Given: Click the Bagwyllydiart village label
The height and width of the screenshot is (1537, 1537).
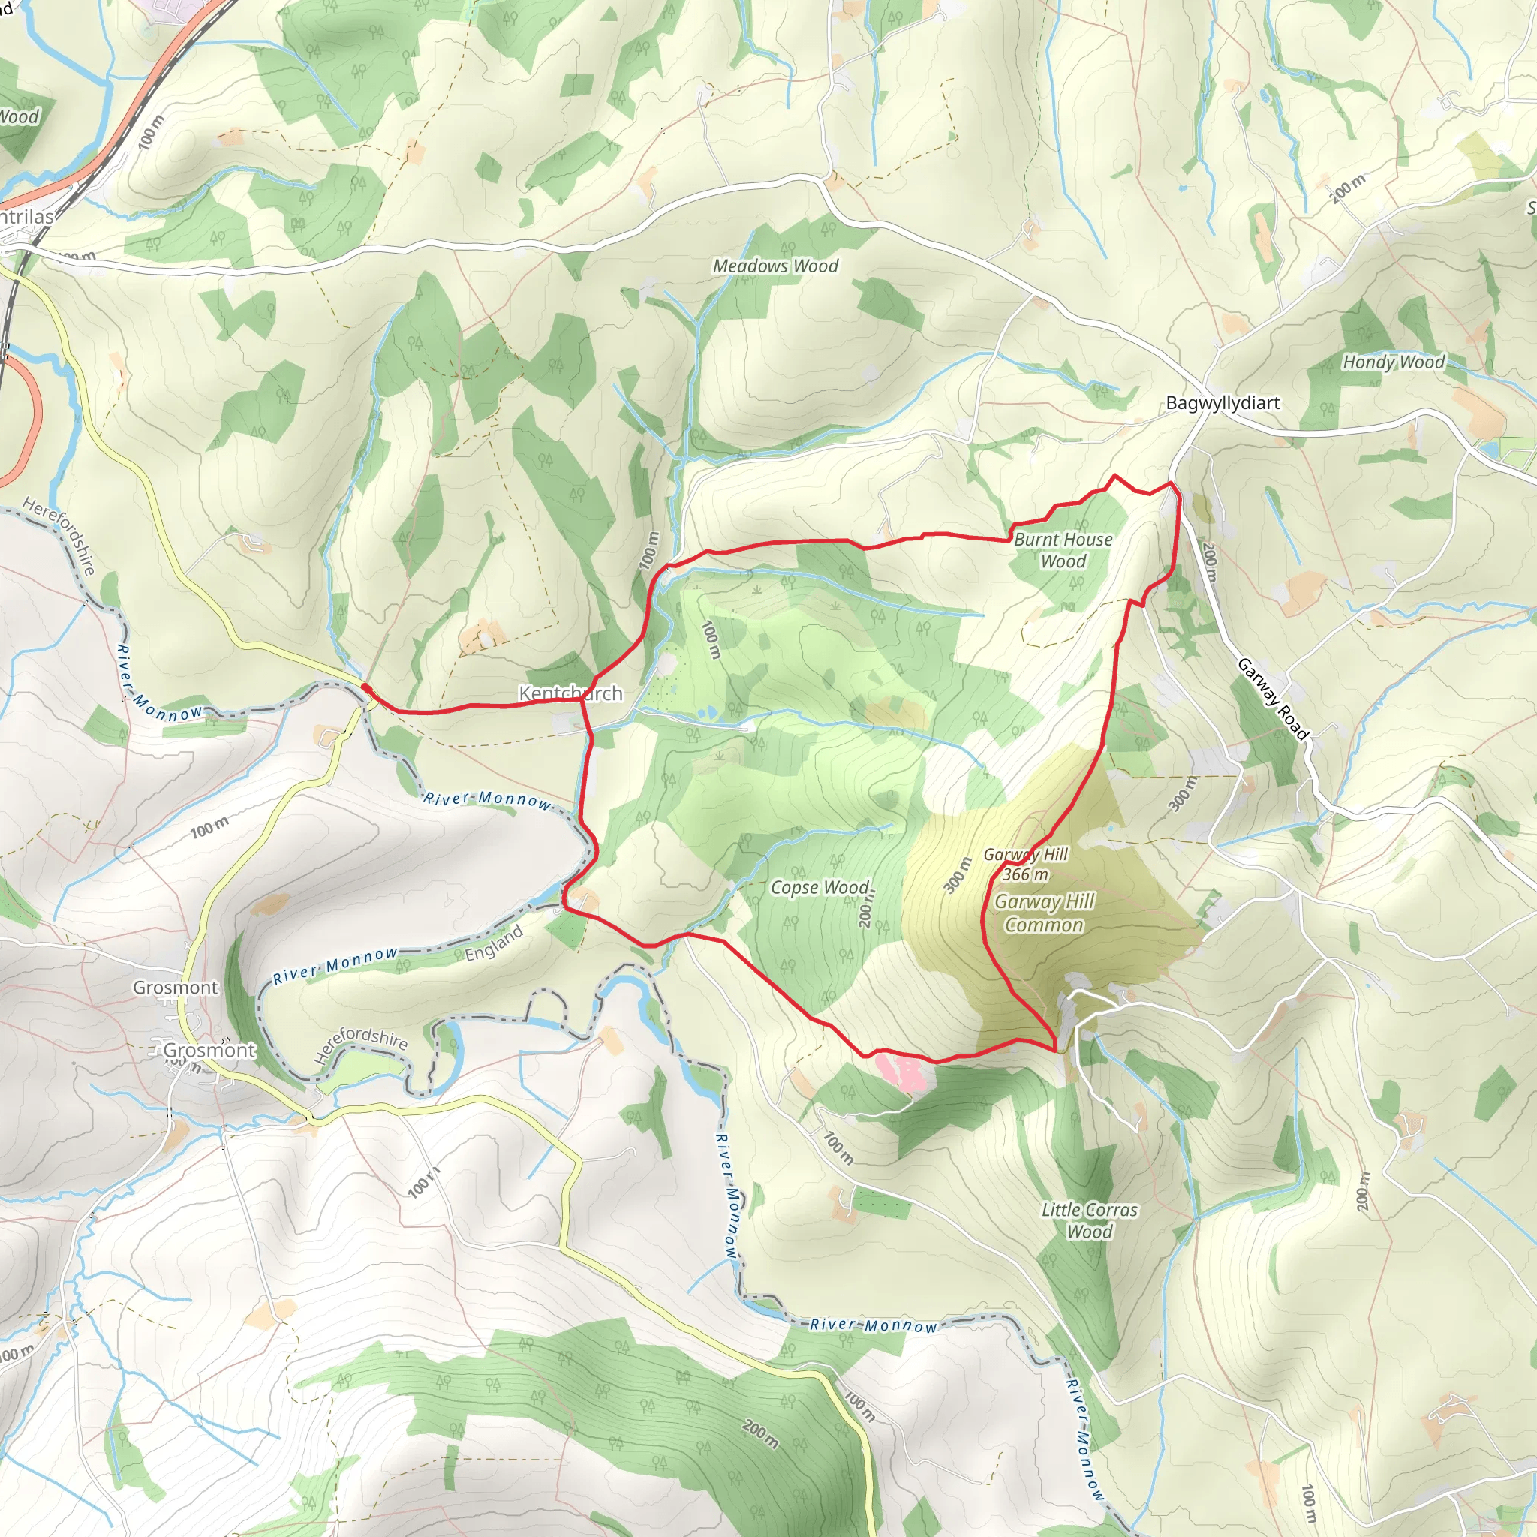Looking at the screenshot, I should tap(1223, 402).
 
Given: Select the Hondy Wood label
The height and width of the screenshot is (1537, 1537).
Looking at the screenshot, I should tap(1393, 362).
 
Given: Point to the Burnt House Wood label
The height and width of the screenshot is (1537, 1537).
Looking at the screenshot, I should tap(1063, 549).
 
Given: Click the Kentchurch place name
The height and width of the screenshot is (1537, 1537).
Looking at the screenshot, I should tap(570, 693).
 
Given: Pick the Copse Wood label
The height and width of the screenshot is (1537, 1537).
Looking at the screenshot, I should tap(820, 887).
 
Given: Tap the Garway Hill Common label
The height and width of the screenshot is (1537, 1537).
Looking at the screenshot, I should tap(1044, 913).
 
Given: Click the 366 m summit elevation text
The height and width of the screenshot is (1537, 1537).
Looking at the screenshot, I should tap(1024, 874).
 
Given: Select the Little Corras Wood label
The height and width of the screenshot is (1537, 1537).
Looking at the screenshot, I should tap(1089, 1220).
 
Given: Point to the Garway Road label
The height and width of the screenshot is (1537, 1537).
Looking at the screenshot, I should tap(1273, 699).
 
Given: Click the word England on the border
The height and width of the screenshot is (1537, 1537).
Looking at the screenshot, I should tap(494, 943).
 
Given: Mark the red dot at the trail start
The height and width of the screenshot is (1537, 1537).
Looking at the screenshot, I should tap(365, 687).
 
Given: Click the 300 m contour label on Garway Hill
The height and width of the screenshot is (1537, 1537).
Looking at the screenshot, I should tap(958, 875).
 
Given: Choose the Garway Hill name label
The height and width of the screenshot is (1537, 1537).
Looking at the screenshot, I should tap(1025, 854).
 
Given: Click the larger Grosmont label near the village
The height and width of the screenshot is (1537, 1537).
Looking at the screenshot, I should tap(209, 1050).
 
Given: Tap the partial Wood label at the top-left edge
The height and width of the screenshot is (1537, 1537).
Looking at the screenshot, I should tap(19, 117).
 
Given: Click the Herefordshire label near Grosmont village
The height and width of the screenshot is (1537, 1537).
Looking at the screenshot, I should tap(360, 1045).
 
